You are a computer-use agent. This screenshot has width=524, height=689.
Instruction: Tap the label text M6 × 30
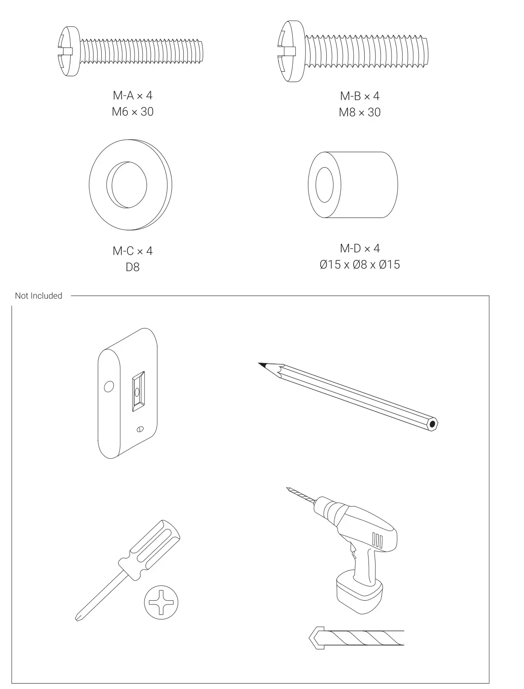pyautogui.click(x=132, y=112)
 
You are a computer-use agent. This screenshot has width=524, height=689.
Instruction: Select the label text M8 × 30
pyautogui.click(x=360, y=113)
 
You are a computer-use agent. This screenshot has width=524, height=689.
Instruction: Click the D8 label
pyautogui.click(x=132, y=267)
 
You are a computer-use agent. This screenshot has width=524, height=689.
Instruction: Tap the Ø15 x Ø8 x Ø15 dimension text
pyautogui.click(x=360, y=265)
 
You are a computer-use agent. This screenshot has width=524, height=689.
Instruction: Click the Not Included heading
pyautogui.click(x=38, y=296)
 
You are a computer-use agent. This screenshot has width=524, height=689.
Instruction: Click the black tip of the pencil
pyautogui.click(x=262, y=365)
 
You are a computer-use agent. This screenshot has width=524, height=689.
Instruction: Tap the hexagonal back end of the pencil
pyautogui.click(x=432, y=424)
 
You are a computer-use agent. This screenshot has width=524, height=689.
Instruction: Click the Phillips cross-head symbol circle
pyautogui.click(x=161, y=602)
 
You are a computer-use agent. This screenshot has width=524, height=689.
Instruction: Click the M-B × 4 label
pyautogui.click(x=360, y=96)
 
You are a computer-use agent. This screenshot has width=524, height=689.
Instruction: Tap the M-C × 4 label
pyautogui.click(x=132, y=251)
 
